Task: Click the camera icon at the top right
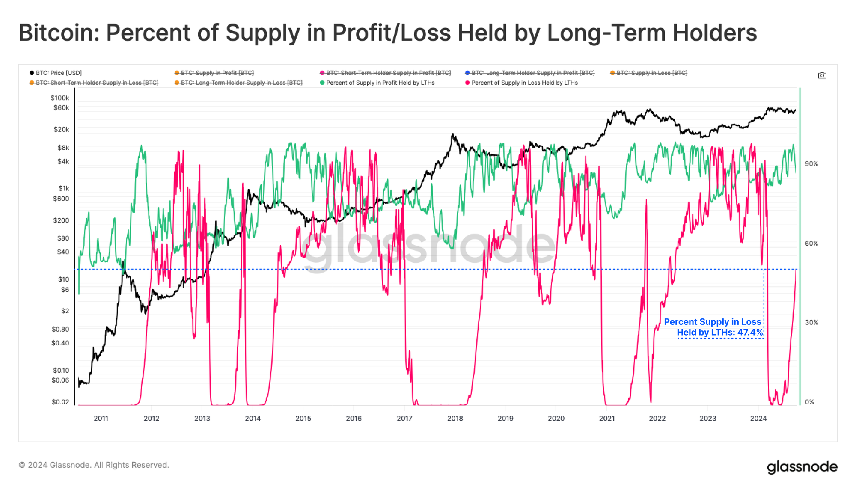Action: pos(822,75)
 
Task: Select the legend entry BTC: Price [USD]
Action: pos(58,73)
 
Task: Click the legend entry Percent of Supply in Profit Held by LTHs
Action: pos(380,83)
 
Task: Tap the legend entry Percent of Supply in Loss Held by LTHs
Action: pos(524,83)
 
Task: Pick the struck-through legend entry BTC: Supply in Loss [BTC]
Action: pos(651,73)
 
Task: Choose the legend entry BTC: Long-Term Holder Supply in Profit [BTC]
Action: pos(532,73)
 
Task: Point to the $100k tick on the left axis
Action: pos(60,98)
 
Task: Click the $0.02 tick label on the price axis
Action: pos(60,402)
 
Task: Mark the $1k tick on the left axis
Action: pos(64,188)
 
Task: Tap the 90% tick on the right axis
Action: pos(811,164)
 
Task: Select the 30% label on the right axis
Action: pos(811,322)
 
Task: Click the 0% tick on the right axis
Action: pos(809,402)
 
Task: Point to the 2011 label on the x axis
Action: pos(101,418)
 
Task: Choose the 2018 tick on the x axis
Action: pos(455,418)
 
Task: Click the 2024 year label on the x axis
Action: pos(758,418)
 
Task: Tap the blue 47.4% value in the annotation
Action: pos(750,333)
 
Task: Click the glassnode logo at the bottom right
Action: pos(802,467)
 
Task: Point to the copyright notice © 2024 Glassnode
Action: pos(94,465)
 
